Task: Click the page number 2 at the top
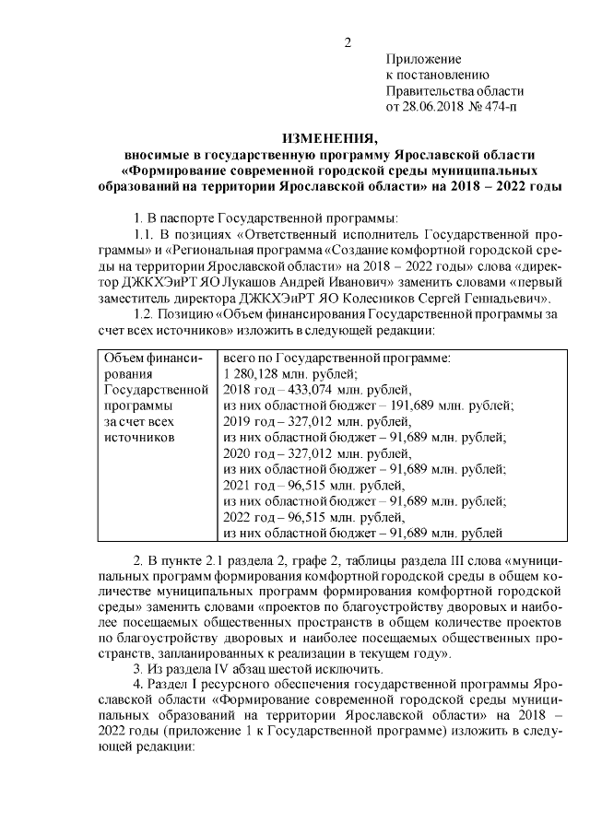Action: (x=348, y=42)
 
